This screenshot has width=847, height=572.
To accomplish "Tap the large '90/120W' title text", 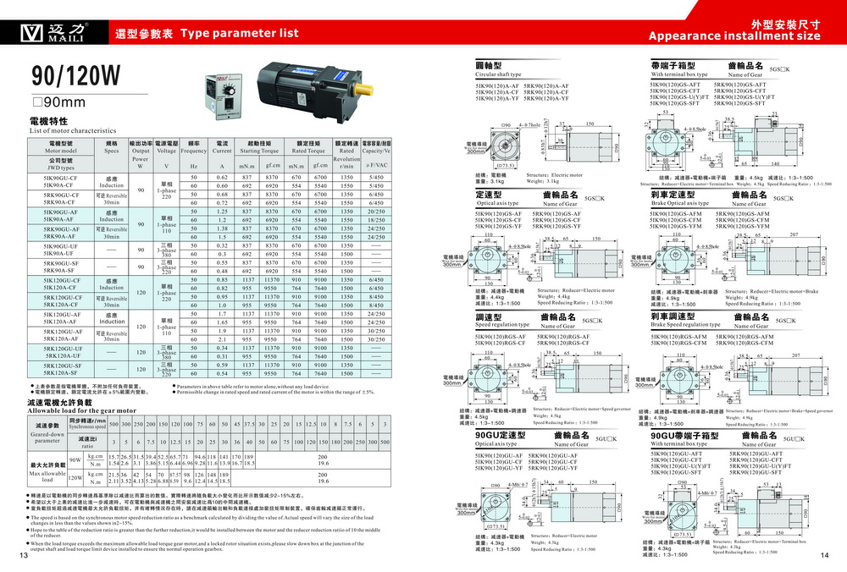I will tap(76, 75).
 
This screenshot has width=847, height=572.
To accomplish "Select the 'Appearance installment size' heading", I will tap(734, 36).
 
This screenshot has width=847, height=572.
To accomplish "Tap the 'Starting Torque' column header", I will tap(258, 151).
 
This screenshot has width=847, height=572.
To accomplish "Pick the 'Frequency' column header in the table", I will tap(194, 151).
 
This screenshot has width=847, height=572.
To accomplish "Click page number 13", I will tap(23, 555).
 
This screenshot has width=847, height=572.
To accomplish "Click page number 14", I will tap(824, 555).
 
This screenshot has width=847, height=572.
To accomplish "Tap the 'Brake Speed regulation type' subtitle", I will tap(686, 325).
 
